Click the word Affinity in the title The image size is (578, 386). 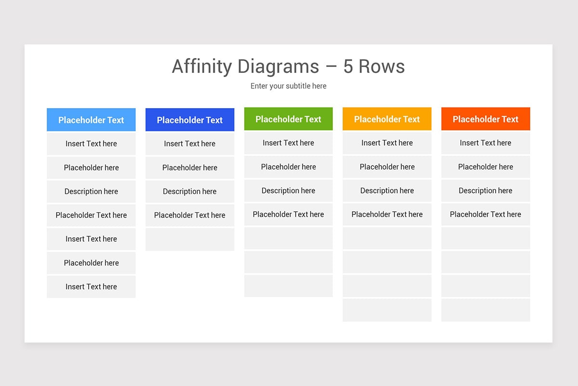(201, 67)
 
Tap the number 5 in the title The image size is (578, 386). (348, 67)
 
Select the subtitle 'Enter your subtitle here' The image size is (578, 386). (288, 86)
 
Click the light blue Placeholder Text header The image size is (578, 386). (91, 120)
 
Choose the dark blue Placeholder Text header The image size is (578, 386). (190, 120)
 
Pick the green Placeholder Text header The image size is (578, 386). (288, 119)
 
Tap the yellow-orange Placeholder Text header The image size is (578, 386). (387, 119)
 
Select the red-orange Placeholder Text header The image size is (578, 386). (486, 119)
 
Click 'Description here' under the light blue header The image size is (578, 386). (91, 192)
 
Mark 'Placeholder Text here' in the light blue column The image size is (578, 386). (91, 215)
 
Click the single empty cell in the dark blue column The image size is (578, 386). (190, 239)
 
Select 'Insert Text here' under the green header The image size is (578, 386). (288, 143)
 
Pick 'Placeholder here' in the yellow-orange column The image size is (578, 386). (387, 167)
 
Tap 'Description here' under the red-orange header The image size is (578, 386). (486, 191)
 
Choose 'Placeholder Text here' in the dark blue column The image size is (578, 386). (190, 215)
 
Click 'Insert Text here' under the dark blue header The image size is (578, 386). (190, 144)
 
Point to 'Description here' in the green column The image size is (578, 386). (288, 191)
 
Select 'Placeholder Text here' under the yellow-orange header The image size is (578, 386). (387, 214)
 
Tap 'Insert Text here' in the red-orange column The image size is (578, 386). (486, 143)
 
